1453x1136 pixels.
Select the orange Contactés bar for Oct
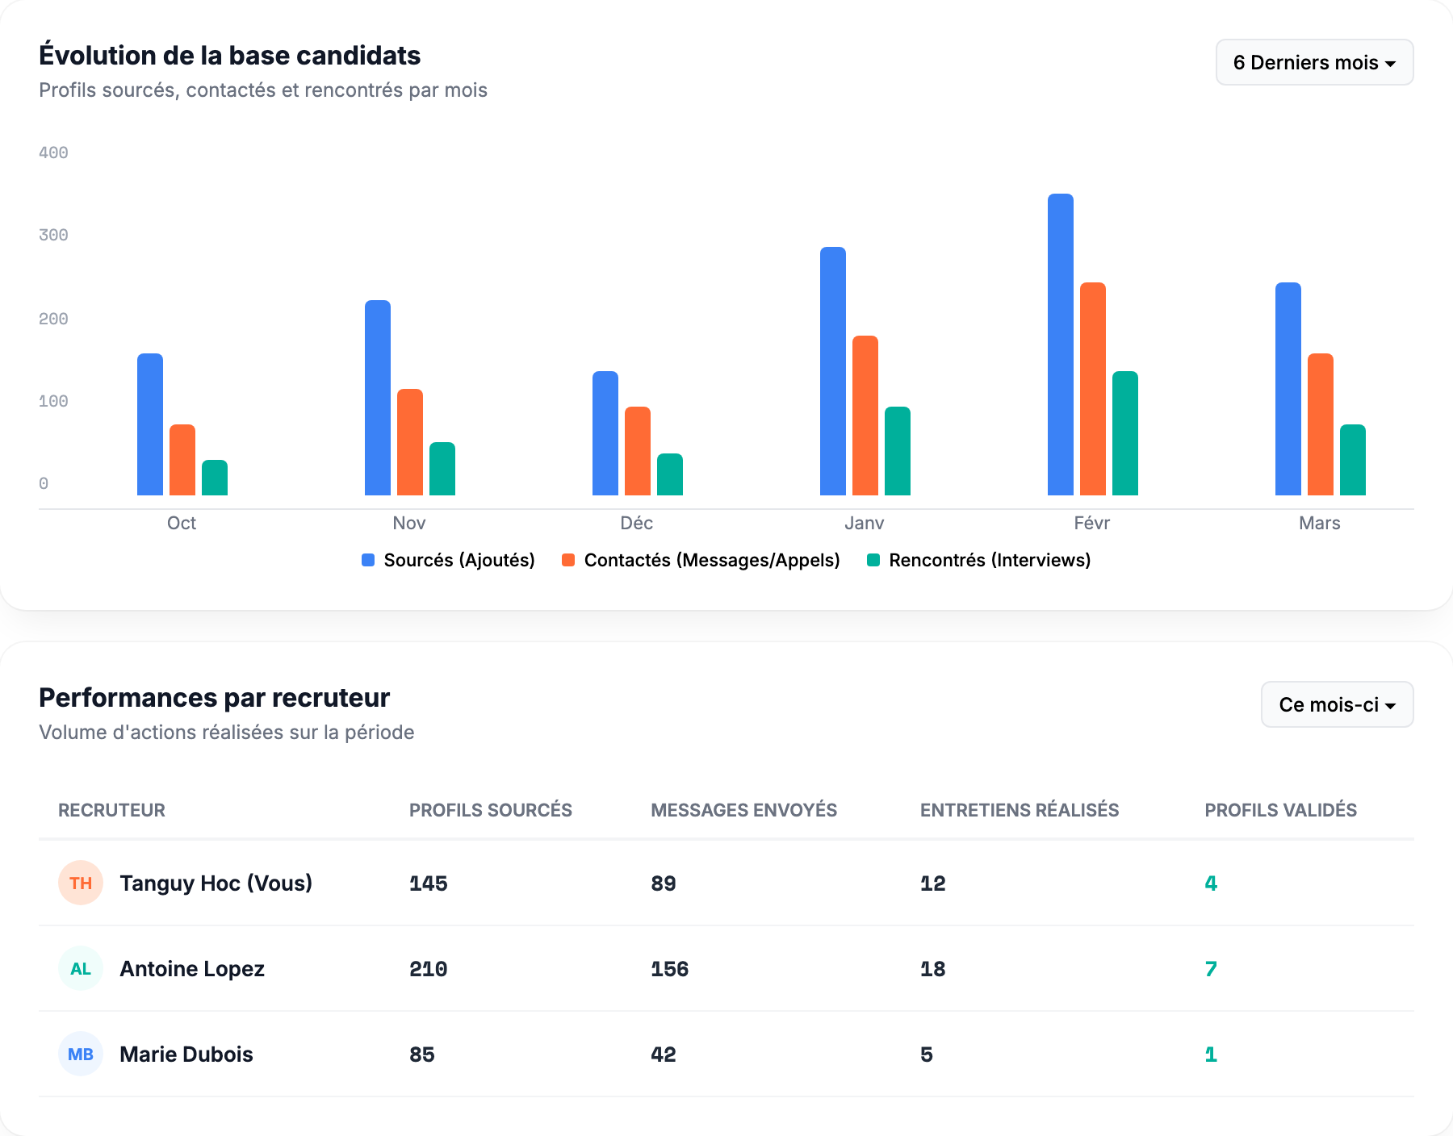182,460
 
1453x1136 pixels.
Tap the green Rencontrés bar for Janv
897,451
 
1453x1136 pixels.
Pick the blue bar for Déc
605,433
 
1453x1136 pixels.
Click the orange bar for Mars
1320,424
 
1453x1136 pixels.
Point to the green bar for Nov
442,469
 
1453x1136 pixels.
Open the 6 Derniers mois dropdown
1313,62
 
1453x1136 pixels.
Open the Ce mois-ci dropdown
1336,704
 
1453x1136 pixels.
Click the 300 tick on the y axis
53,235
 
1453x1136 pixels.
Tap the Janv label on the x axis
864,523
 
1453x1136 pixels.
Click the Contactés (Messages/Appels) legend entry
701,560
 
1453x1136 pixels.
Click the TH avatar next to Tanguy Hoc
81,883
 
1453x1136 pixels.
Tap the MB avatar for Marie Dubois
81,1054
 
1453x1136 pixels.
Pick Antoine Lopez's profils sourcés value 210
428,968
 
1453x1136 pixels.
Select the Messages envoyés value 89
663,883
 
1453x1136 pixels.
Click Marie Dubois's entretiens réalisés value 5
926,1054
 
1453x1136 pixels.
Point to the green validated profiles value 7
1210,968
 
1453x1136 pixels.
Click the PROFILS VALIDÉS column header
1279,810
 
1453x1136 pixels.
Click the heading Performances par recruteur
214,697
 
